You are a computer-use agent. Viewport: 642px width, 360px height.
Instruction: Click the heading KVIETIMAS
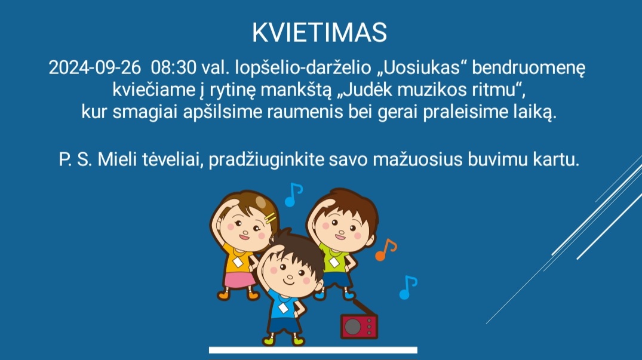coord(320,32)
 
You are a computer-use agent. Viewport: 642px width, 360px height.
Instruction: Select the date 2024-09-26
coord(94,67)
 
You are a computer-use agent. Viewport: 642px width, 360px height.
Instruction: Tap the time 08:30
coord(174,67)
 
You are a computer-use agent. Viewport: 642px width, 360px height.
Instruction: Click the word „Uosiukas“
coord(422,67)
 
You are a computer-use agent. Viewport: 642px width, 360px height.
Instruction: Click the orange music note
coord(386,250)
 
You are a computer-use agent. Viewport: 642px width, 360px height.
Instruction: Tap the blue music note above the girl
coord(294,195)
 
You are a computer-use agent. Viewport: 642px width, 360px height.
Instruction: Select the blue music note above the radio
coord(408,288)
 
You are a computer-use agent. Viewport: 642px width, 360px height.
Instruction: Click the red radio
coord(359,326)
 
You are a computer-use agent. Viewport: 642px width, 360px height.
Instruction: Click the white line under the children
coord(313,350)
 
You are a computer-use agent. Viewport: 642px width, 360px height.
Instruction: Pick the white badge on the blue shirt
coord(283,308)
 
